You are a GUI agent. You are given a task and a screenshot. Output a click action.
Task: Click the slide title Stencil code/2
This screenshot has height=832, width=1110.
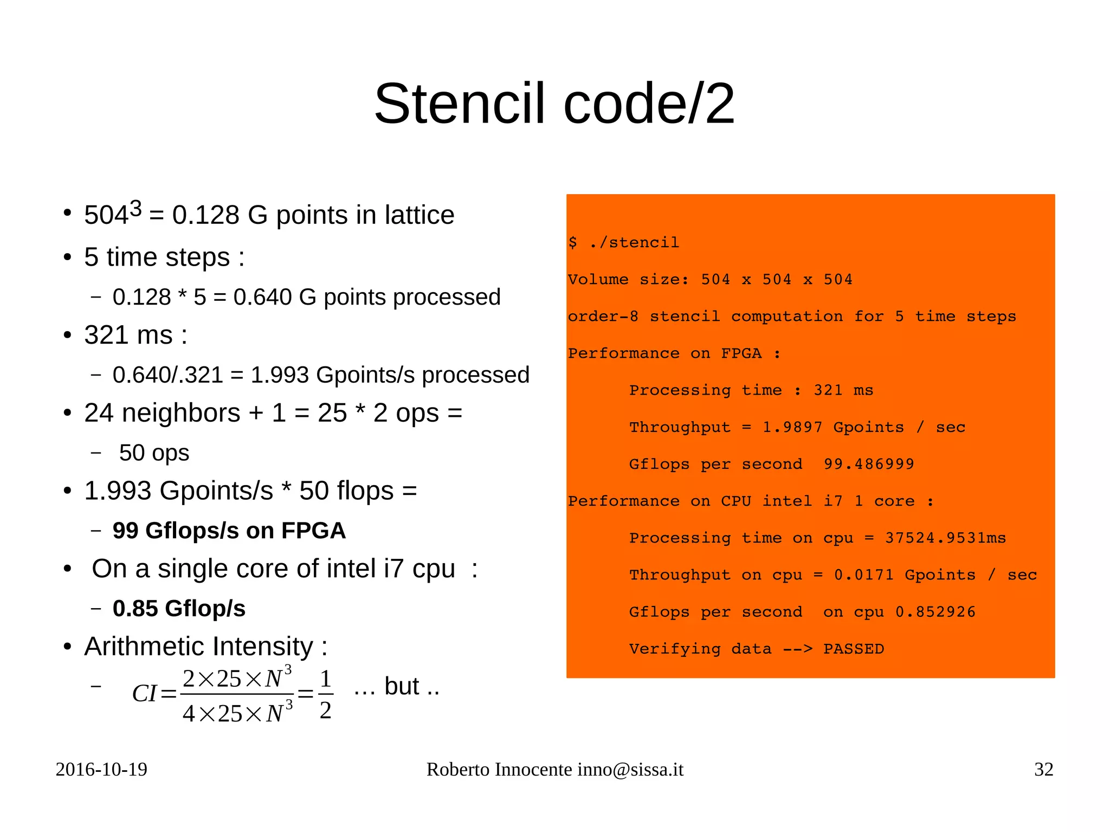(x=554, y=104)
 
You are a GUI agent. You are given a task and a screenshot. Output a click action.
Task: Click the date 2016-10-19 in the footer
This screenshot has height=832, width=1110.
(x=101, y=770)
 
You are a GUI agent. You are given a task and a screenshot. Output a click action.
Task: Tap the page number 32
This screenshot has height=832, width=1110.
(x=1043, y=770)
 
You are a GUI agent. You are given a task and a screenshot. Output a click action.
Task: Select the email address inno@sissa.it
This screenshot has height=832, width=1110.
(x=630, y=770)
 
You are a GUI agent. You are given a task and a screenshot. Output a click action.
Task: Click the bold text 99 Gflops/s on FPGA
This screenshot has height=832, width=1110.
(x=229, y=531)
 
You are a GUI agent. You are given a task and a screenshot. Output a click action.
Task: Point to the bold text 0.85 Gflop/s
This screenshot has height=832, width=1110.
(x=179, y=609)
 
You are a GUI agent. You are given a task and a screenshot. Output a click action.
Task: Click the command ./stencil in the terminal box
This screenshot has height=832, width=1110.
(x=634, y=242)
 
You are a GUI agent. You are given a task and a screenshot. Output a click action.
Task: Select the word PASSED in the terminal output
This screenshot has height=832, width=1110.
(x=854, y=649)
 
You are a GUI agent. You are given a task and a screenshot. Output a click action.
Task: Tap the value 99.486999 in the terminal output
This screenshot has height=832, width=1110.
(x=869, y=464)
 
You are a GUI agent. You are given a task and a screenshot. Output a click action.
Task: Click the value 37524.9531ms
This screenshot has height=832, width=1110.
(x=945, y=538)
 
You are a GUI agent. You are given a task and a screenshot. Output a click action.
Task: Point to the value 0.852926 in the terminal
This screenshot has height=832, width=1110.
(x=935, y=612)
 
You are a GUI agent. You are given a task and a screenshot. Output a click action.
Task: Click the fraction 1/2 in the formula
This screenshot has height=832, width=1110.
(x=325, y=694)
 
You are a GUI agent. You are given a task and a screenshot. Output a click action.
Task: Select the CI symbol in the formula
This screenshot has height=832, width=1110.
(x=145, y=694)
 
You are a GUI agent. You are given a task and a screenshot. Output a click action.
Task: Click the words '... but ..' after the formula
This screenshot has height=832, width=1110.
(x=396, y=687)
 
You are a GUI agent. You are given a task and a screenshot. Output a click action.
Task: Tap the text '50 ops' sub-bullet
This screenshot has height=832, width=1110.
(x=154, y=453)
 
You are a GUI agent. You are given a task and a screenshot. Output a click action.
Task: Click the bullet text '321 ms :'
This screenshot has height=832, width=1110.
(x=135, y=335)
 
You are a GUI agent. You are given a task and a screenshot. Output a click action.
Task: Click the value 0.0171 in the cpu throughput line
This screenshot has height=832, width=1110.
(x=864, y=575)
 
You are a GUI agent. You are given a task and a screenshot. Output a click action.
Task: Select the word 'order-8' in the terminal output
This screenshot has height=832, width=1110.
(x=603, y=317)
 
